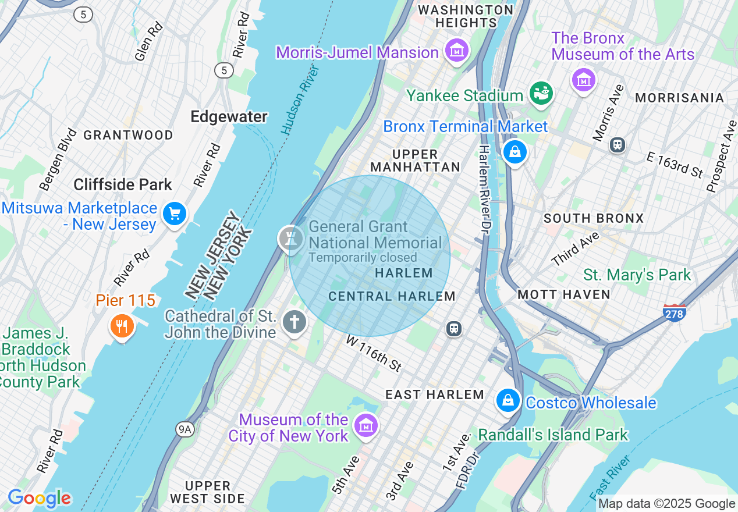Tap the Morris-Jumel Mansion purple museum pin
[x=457, y=51]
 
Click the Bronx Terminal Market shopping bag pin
[x=515, y=152]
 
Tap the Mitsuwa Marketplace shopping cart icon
[x=174, y=214]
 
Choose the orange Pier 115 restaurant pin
[x=122, y=326]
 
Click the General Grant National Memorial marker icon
[x=290, y=238]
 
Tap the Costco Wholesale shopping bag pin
[x=508, y=400]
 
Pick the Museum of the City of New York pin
[x=367, y=426]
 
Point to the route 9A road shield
[x=185, y=429]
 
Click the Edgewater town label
[x=229, y=117]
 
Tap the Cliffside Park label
[x=123, y=185]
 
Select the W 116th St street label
[x=374, y=353]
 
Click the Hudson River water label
[x=300, y=100]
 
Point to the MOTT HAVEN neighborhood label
[x=563, y=294]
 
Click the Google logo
[x=39, y=498]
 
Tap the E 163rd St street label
[x=675, y=165]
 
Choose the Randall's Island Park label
[x=553, y=435]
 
